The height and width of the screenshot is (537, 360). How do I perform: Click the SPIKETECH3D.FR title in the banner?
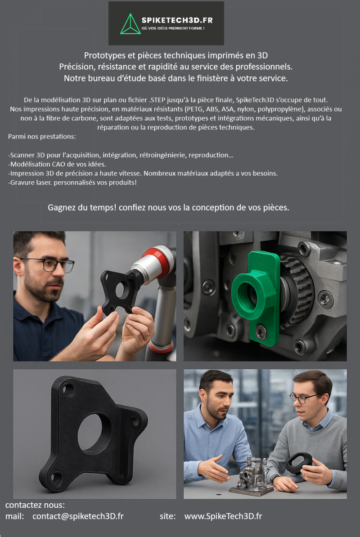pyautogui.click(x=177, y=20)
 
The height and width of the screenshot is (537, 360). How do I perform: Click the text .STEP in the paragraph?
pyautogui.click(x=157, y=100)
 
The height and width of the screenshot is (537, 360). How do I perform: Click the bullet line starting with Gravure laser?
pyautogui.click(x=72, y=183)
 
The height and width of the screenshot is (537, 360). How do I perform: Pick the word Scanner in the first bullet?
pyautogui.click(x=22, y=155)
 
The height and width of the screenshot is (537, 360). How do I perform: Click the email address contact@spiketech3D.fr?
pyautogui.click(x=78, y=516)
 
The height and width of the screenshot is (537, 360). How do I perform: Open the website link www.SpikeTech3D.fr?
pyautogui.click(x=223, y=516)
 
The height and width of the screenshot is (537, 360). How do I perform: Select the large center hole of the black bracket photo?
pyautogui.click(x=94, y=432)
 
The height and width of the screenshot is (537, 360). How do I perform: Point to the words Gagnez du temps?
pyautogui.click(x=82, y=208)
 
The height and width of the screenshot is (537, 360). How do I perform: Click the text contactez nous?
pyautogui.click(x=35, y=505)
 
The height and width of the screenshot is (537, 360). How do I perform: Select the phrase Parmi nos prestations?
pyautogui.click(x=42, y=137)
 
